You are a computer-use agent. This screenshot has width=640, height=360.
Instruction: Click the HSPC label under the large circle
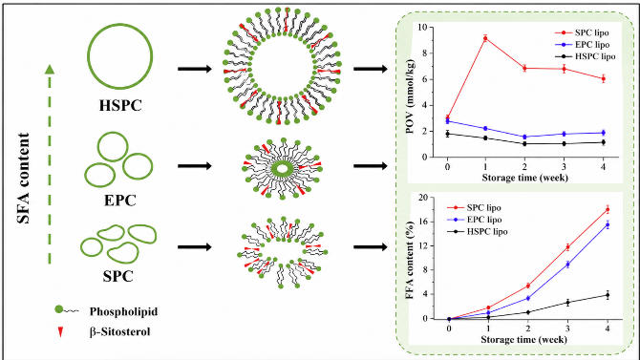tap(120, 105)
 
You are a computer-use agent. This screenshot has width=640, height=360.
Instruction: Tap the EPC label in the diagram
tap(119, 201)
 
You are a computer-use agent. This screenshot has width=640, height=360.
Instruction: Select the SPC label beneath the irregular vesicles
tap(117, 276)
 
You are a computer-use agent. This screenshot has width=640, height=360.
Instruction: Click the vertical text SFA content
tap(24, 178)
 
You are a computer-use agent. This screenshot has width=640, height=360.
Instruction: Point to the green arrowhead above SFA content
tap(50, 70)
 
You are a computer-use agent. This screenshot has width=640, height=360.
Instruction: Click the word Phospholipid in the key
tap(123, 311)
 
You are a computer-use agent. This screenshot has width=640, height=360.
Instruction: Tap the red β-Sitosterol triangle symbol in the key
tap(60, 332)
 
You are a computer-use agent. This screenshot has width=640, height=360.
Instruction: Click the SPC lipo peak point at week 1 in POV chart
tap(485, 38)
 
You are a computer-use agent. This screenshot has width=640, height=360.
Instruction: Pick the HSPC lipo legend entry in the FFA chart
tap(478, 231)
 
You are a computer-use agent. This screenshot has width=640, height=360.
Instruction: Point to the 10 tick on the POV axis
tap(422, 27)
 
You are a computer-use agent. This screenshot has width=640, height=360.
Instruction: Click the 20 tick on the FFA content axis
tap(423, 198)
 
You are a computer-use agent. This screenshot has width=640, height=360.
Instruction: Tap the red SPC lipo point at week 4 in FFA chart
tap(608, 210)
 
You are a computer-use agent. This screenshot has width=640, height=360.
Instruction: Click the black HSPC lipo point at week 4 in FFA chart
tap(608, 295)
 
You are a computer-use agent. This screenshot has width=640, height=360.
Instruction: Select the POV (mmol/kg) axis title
tap(410, 96)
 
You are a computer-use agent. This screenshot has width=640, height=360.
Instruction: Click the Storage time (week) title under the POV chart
tap(525, 178)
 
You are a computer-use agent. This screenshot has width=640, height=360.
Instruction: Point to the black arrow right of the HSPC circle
tap(195, 69)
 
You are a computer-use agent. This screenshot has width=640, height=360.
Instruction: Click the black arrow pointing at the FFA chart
tap(371, 247)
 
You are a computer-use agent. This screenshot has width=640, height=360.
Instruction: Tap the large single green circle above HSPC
tap(120, 56)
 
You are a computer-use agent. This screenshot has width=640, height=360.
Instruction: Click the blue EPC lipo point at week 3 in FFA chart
tap(567, 265)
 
